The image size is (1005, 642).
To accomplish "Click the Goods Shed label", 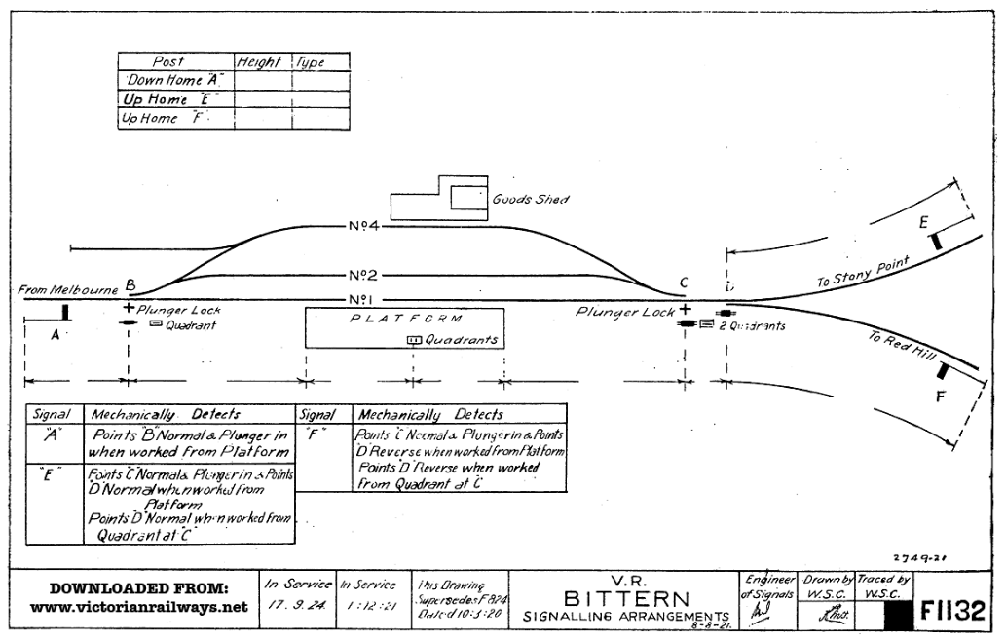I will tap(531, 199).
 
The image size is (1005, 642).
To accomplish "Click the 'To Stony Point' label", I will tap(863, 272).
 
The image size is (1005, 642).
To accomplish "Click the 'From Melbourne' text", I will tap(66, 289).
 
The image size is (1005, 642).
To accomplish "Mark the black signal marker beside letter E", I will tap(937, 239).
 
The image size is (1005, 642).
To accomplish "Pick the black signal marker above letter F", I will tap(942, 370).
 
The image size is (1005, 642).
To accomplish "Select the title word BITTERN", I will tap(626, 599).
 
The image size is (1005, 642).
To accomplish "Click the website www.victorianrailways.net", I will tap(139, 608).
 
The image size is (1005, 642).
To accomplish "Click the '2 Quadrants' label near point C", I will tap(752, 326).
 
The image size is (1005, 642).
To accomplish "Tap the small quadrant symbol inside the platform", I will tap(413, 340).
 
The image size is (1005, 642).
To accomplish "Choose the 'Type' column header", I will tap(311, 62).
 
